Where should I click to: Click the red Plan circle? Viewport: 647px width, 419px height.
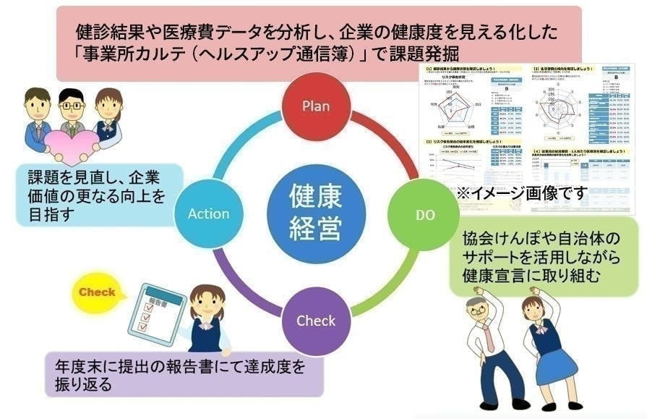[316, 106]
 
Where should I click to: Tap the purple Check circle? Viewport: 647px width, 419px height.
[316, 321]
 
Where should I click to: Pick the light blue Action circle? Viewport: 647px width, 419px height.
[208, 213]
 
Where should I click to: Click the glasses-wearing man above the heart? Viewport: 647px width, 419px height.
[72, 107]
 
